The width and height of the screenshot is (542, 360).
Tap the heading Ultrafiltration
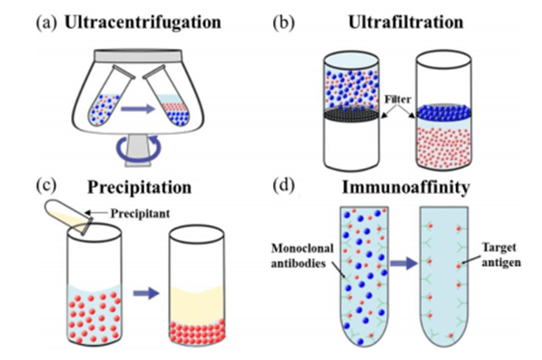[x=405, y=23]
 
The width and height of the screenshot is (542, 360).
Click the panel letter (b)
[x=284, y=23]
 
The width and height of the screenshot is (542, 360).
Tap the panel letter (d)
[x=285, y=189]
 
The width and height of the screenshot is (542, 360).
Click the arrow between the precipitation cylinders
[x=146, y=293]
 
